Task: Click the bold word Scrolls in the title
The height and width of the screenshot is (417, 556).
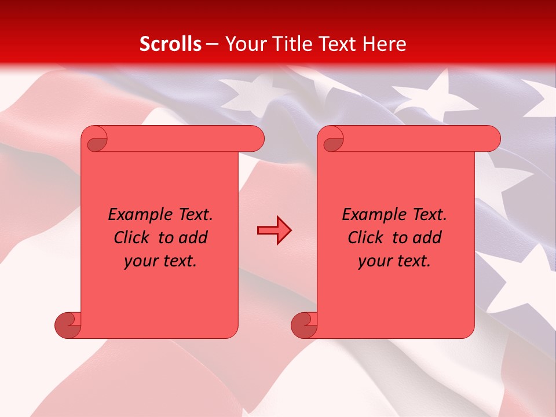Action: (x=171, y=44)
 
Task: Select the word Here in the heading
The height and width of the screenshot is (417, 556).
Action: (x=385, y=44)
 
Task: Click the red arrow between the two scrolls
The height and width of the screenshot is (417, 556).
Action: (x=274, y=231)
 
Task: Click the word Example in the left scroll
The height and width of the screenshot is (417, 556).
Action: (x=141, y=215)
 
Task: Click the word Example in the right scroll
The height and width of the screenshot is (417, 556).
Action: (x=375, y=215)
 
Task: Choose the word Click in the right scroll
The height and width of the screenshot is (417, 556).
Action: (x=365, y=237)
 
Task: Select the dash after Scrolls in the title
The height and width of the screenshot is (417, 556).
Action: (x=212, y=45)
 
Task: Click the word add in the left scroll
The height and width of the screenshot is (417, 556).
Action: (x=193, y=237)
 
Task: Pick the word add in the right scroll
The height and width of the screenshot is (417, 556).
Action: (x=427, y=237)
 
